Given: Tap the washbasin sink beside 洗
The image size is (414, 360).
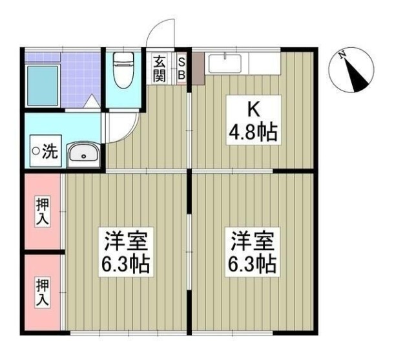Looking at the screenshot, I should pyautogui.click(x=83, y=154).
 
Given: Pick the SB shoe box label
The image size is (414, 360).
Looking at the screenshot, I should pyautogui.click(x=181, y=69).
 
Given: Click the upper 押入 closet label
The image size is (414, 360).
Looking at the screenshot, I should pyautogui.click(x=42, y=211).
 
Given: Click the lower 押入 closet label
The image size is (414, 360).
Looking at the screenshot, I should pyautogui.click(x=42, y=292).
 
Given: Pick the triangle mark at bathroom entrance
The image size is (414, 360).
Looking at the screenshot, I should pyautogui.click(x=93, y=101).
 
